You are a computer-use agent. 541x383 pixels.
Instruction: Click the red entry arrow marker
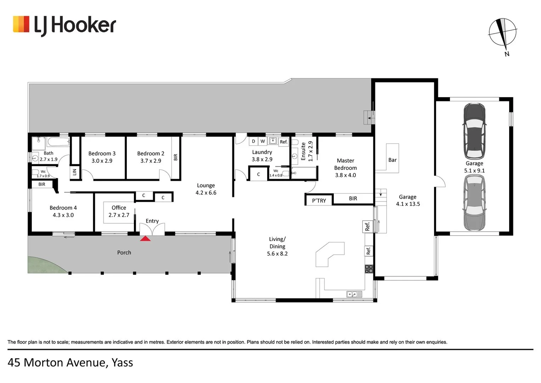coord(145,239)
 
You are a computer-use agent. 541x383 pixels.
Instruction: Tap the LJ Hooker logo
coord(64,25)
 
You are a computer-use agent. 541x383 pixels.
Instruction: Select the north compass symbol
coord(503,34)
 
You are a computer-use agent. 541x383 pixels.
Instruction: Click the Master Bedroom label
coord(345,164)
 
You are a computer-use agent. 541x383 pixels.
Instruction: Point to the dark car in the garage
coord(474,131)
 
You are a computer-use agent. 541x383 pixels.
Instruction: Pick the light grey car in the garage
coord(474,203)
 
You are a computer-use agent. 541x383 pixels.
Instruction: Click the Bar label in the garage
coord(393,160)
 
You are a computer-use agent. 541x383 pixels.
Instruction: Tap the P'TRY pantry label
coord(319,201)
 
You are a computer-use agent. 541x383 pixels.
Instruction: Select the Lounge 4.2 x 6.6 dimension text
coord(206,193)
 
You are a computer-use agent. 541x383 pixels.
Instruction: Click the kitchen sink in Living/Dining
coord(354,294)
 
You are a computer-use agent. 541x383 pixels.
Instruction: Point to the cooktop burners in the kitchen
coord(369,269)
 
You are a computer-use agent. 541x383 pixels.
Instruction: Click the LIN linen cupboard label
coord(74,172)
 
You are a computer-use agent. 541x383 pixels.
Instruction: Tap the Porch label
coord(124,252)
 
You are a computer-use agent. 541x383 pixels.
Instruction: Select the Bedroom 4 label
coord(63,208)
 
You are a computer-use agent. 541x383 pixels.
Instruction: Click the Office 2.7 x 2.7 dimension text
coord(119,215)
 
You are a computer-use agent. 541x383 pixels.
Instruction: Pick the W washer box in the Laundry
coord(263,141)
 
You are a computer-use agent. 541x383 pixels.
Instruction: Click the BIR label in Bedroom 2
coord(176,157)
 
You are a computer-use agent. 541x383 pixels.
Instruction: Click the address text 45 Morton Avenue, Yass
coord(71,362)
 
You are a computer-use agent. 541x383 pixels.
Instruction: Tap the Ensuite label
coord(303,151)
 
